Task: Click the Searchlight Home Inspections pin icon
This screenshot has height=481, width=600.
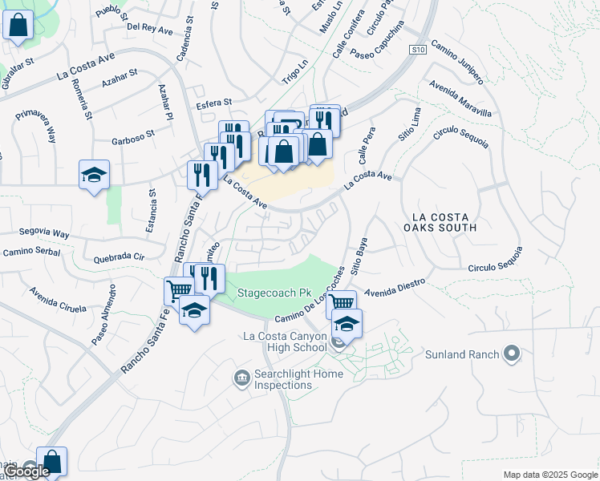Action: pos(241,377)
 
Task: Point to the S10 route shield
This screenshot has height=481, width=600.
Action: pos(416,50)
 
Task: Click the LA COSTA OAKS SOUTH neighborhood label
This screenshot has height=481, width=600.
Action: pos(455,222)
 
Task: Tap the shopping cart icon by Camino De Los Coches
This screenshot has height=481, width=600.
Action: pos(342,302)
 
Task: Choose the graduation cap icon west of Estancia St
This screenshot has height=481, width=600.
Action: pos(94,174)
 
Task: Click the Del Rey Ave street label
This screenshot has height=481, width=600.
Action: pos(150,28)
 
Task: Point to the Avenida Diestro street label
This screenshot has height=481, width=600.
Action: pos(393,288)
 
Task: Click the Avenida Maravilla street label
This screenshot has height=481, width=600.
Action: pos(460,99)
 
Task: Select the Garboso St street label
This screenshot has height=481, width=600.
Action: pos(132,137)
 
